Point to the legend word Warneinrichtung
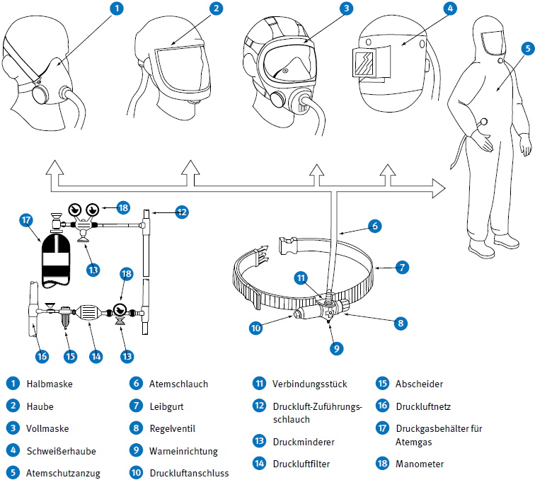183,450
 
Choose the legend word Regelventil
172,428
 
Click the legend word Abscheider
419,384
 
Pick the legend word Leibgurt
166,406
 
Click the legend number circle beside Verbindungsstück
258,384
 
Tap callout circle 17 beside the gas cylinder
25,221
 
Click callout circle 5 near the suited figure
527,48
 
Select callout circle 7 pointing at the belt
401,268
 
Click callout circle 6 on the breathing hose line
375,226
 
